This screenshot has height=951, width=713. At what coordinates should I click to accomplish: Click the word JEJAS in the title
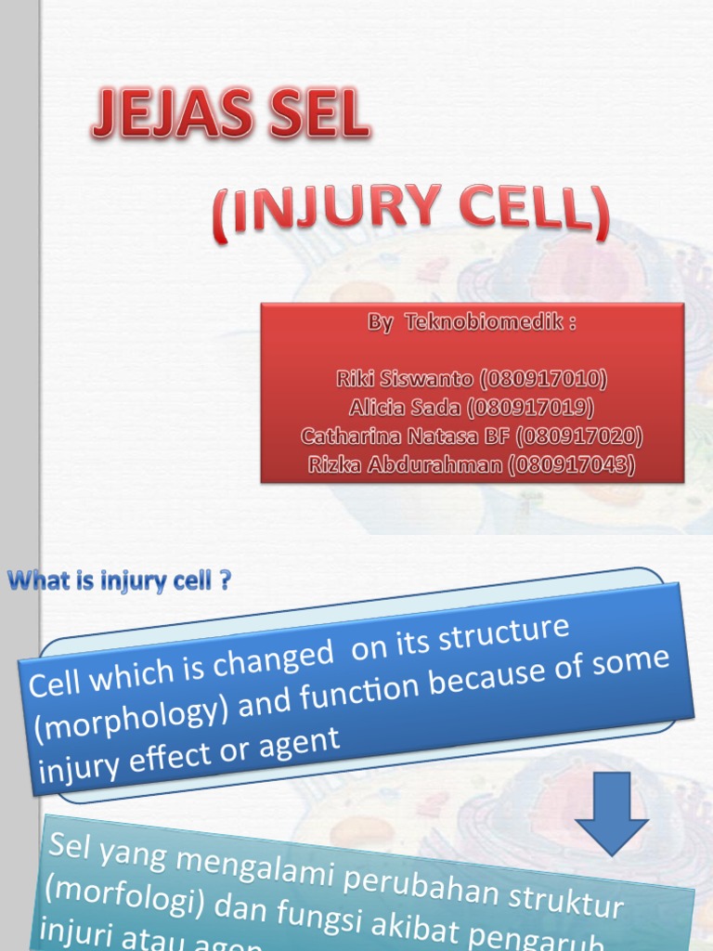tap(171, 119)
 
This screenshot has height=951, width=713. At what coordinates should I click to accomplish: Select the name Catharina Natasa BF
tap(407, 436)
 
